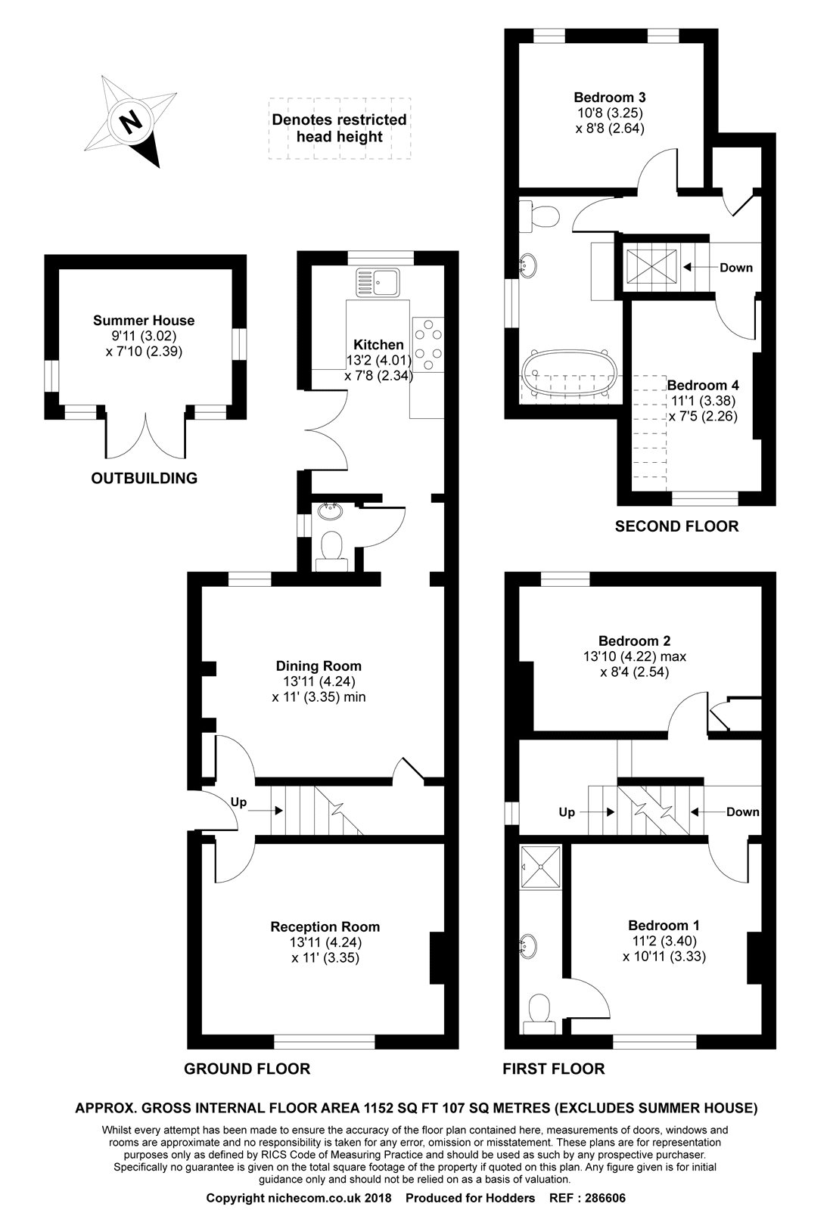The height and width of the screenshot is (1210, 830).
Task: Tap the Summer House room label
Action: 144,321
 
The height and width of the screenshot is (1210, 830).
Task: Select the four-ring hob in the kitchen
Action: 428,345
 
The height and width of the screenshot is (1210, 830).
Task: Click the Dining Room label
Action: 318,666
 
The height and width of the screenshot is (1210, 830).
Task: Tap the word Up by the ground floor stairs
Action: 238,803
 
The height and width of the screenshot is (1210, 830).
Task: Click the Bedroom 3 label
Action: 609,98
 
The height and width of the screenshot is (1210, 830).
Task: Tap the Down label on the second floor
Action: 735,268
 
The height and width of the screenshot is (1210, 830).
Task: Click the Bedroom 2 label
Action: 634,640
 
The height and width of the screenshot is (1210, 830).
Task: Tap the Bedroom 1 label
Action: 664,925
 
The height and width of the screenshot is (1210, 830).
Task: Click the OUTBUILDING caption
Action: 144,478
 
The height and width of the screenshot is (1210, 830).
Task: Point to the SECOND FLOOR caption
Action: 676,526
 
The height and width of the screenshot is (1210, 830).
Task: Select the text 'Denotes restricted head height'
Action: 339,128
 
